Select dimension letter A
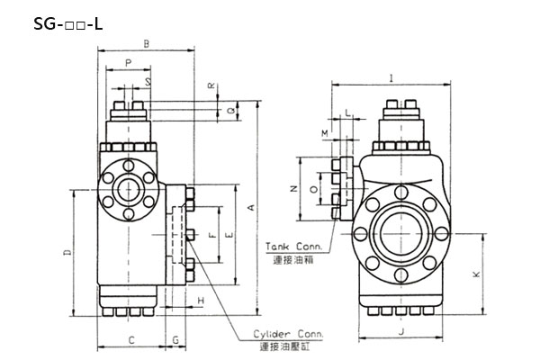pyautogui.click(x=251, y=207)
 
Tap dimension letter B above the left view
pyautogui.click(x=146, y=42)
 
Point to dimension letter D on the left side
pyautogui.click(x=68, y=255)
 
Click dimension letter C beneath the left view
pyautogui.click(x=131, y=339)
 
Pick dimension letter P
pyautogui.click(x=129, y=63)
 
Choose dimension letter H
pyautogui.click(x=202, y=299)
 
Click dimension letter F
pyautogui.click(x=212, y=236)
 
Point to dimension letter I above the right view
pyautogui.click(x=392, y=77)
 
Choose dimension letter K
pyautogui.click(x=476, y=274)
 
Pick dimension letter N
pyautogui.click(x=293, y=189)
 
